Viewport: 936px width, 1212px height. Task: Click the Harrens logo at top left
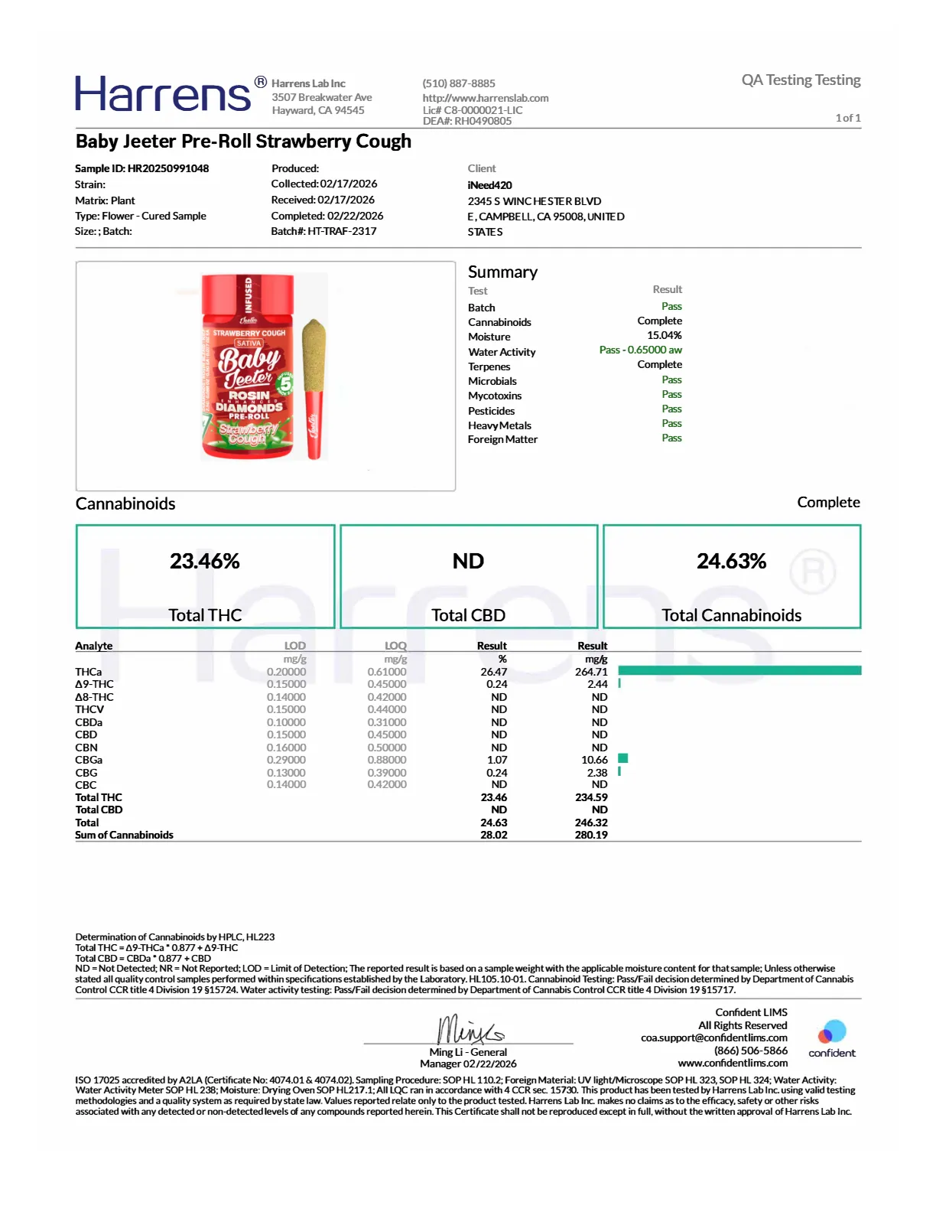[163, 94]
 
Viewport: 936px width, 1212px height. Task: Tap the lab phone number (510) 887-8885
[459, 83]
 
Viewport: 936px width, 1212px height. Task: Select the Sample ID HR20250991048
[168, 168]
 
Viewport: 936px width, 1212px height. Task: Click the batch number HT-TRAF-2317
[342, 231]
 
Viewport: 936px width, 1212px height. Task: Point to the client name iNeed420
[490, 185]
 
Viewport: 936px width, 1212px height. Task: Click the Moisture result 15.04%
[664, 335]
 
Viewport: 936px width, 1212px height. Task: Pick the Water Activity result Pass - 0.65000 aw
[640, 350]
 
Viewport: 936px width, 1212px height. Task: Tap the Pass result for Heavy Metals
[671, 423]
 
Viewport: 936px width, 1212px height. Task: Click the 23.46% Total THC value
[205, 561]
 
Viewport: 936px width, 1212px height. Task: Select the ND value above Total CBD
[468, 561]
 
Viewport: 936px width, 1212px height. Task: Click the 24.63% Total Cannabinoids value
[731, 561]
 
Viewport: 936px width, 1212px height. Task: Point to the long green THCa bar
[739, 671]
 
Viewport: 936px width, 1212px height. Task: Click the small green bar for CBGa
[622, 758]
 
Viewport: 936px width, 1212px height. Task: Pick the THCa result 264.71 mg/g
[591, 672]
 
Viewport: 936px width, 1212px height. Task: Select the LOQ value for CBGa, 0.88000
[386, 760]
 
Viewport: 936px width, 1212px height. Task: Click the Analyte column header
[94, 646]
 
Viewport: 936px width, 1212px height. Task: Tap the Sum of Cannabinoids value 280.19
[591, 835]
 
